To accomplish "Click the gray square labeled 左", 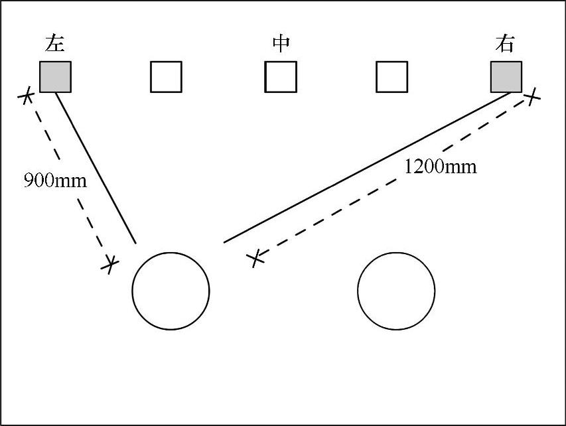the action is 55,76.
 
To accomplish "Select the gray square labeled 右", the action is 506,76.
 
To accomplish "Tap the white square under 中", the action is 281,76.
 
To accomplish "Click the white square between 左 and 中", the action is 166,76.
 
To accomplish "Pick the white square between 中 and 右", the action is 391,76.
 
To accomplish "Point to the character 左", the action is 55,44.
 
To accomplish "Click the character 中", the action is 281,44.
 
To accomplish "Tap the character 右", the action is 505,44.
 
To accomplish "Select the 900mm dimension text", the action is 55,180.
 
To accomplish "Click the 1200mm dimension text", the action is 440,167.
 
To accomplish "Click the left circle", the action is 171,291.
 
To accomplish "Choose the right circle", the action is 396,291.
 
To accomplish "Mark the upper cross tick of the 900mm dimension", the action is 26,97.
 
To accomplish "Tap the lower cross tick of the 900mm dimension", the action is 109,264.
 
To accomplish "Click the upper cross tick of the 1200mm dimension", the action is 531,98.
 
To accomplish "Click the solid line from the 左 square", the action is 96,168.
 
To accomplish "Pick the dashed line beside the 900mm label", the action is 66,179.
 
